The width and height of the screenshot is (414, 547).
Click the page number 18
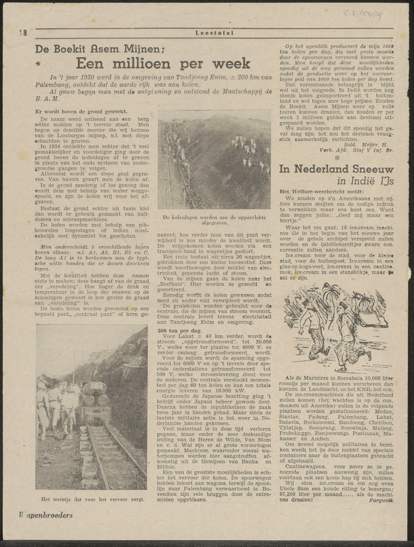[23, 33]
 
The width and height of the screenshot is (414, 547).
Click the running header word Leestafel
[214, 33]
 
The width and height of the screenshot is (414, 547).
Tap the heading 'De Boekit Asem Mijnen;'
[100, 48]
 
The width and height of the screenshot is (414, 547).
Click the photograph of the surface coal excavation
[214, 160]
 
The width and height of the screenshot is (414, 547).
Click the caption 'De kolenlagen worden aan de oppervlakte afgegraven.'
[214, 220]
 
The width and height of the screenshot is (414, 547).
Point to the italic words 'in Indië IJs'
[365, 181]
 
